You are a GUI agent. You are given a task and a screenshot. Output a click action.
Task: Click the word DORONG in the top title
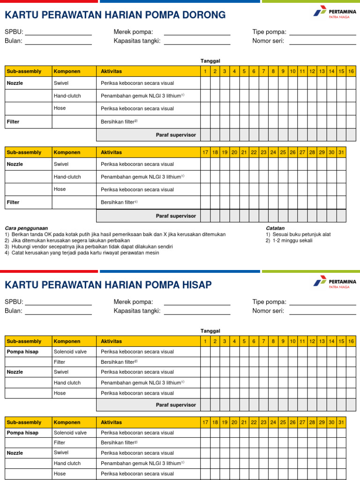pos(203,15)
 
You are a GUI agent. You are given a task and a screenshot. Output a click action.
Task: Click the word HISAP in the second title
pos(196,285)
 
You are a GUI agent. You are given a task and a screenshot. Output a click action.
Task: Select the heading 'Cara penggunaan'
pos(26,228)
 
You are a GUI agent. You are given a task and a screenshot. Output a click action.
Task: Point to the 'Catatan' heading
pos(275,228)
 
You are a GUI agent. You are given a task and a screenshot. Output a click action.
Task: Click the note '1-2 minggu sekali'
pos(292,240)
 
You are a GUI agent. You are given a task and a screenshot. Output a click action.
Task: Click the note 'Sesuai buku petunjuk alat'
pos(300,234)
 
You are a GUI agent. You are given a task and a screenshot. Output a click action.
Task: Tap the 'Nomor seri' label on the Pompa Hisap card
pos(268,311)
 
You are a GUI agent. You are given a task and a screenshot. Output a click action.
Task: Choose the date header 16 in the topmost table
pos(351,71)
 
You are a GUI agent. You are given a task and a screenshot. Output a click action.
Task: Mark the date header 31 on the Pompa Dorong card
pos(341,152)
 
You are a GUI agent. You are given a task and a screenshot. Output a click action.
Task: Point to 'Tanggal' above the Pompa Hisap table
pos(210,331)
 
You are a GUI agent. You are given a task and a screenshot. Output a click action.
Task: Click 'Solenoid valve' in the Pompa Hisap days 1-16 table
pos(70,352)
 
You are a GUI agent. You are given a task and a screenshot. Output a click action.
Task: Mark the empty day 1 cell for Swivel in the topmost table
pos(205,83)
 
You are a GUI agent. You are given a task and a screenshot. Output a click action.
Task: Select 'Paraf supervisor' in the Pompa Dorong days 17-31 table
pos(176,216)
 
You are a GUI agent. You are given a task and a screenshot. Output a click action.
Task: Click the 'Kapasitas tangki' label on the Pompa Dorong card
pos(137,41)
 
